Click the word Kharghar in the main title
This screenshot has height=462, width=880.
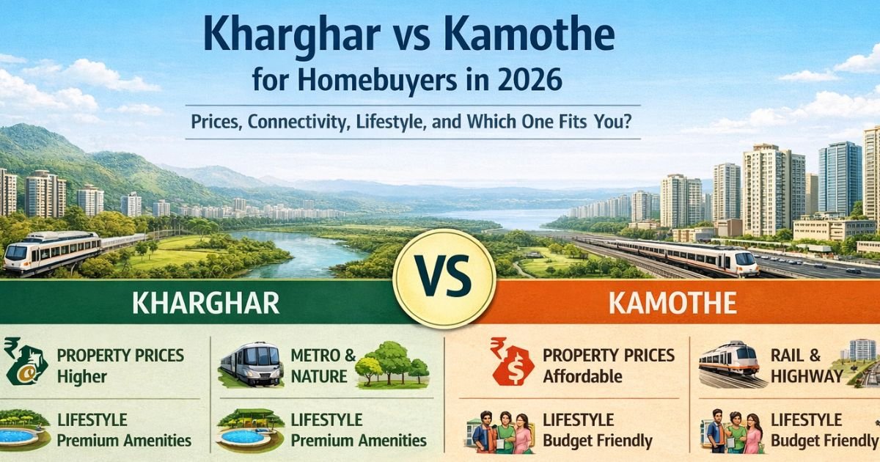pyautogui.click(x=292, y=37)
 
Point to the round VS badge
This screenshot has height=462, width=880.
pyautogui.click(x=444, y=279)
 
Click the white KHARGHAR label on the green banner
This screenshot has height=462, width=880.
pyautogui.click(x=205, y=303)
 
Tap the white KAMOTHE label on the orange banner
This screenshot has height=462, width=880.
pyautogui.click(x=672, y=303)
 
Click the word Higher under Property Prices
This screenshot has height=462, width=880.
pyautogui.click(x=81, y=377)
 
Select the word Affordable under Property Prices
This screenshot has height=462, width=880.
pyautogui.click(x=582, y=376)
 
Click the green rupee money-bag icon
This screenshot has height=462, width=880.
pyautogui.click(x=26, y=362)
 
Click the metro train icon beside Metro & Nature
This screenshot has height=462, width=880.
pyautogui.click(x=252, y=364)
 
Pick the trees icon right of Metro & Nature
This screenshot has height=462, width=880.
pyautogui.click(x=392, y=364)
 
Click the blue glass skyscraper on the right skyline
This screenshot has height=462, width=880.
pyautogui.click(x=840, y=179)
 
